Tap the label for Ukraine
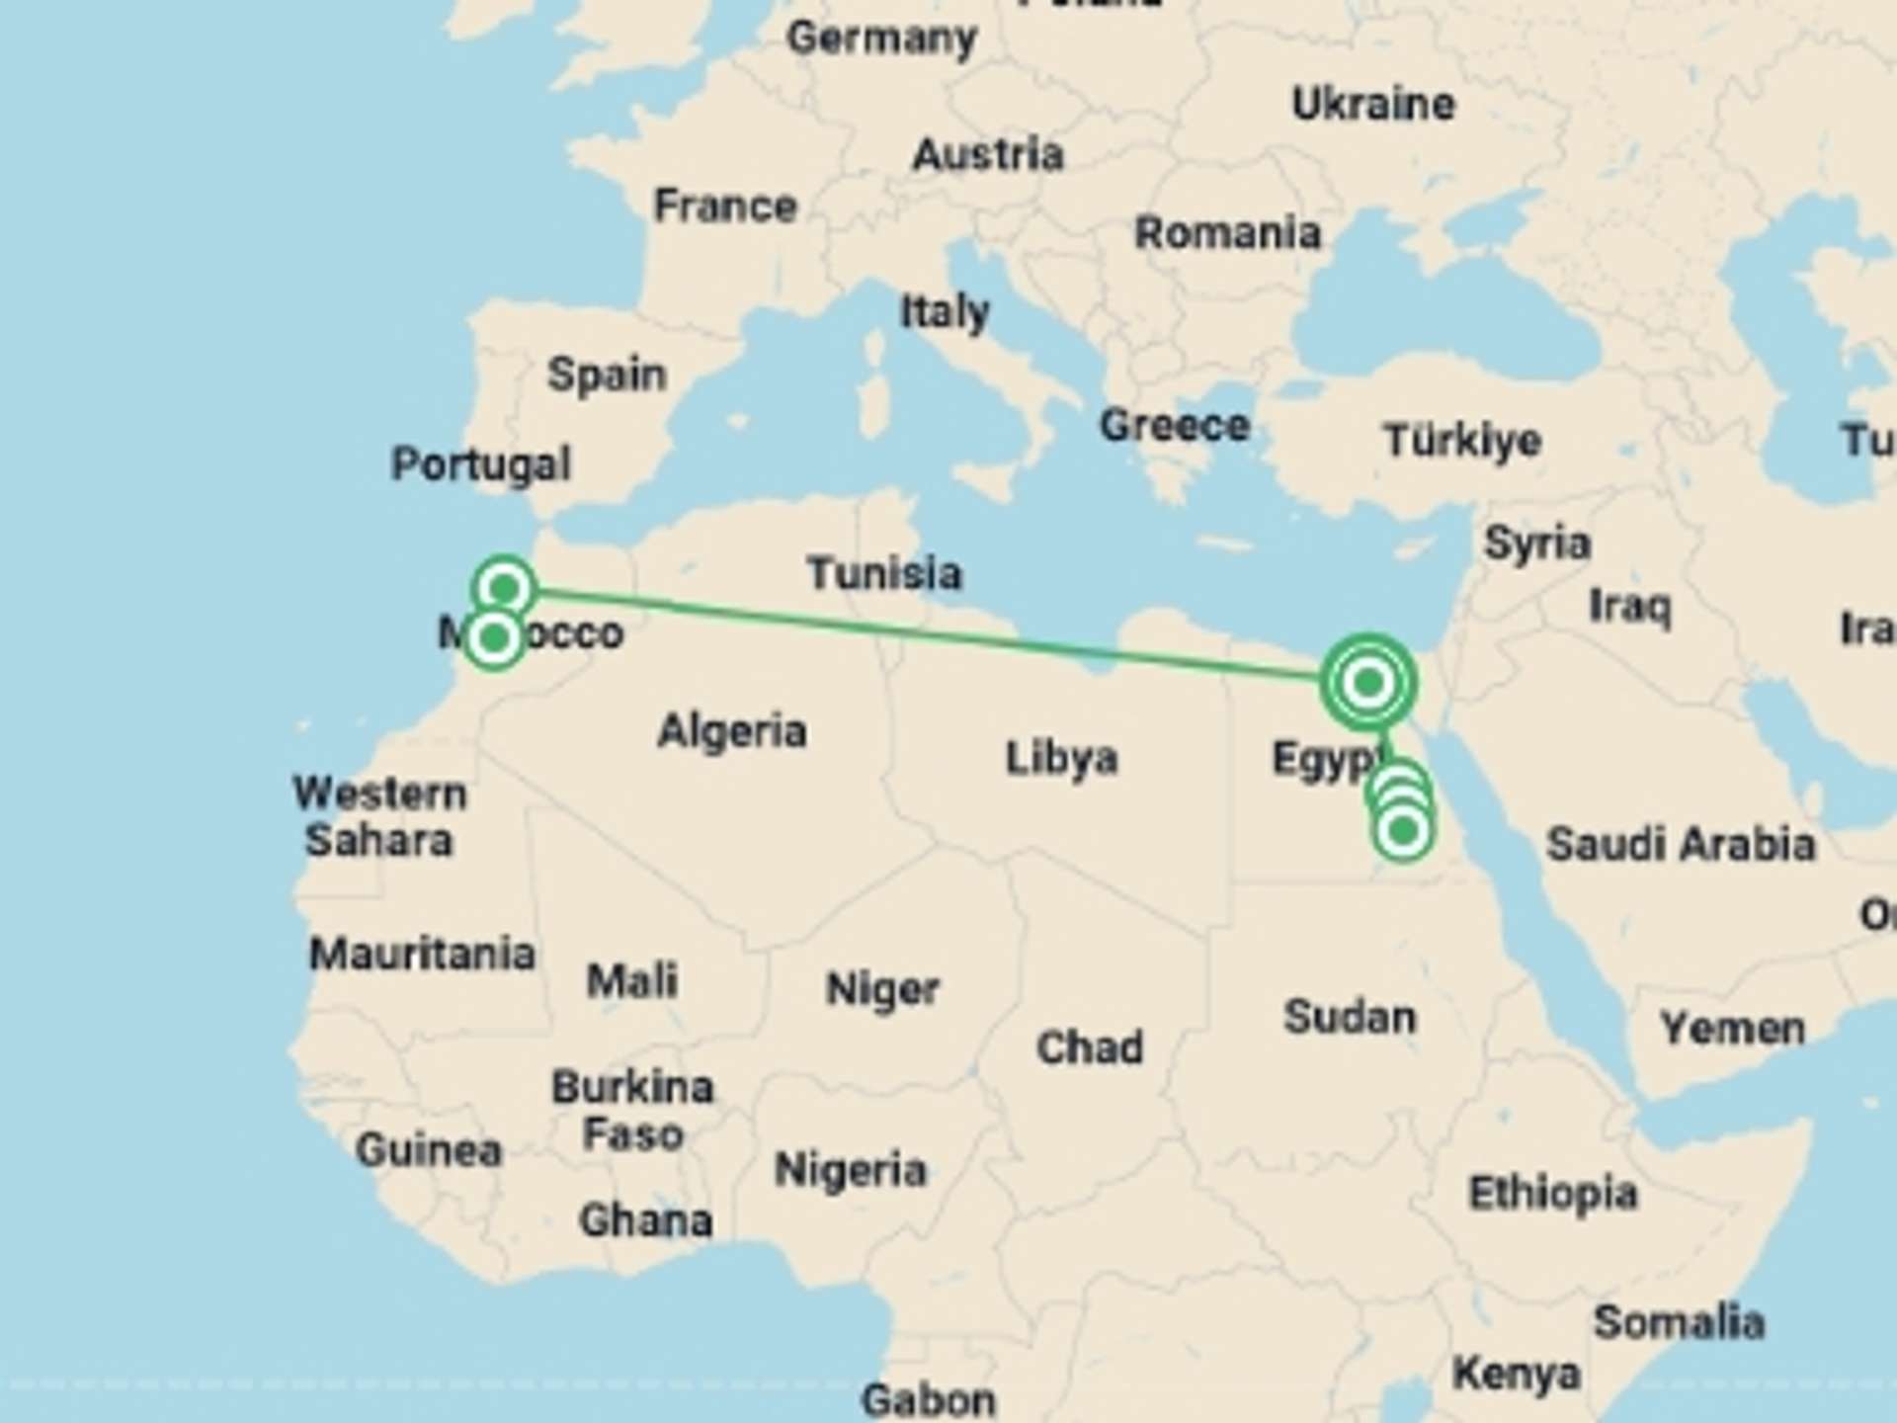click(x=1373, y=105)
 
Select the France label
click(x=725, y=207)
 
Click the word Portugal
click(x=481, y=464)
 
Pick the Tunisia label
click(x=883, y=574)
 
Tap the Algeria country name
click(x=732, y=732)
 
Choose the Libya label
click(x=1061, y=759)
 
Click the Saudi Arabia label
click(x=1681, y=845)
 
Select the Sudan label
click(x=1350, y=1017)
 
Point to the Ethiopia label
click(x=1553, y=1194)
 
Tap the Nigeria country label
click(x=851, y=1171)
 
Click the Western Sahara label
click(x=379, y=817)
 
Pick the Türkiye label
click(x=1462, y=441)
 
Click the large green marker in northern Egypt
click(x=1368, y=682)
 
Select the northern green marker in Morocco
click(x=505, y=589)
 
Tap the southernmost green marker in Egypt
click(x=1403, y=832)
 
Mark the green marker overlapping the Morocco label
click(x=494, y=638)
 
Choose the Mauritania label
click(x=422, y=955)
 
